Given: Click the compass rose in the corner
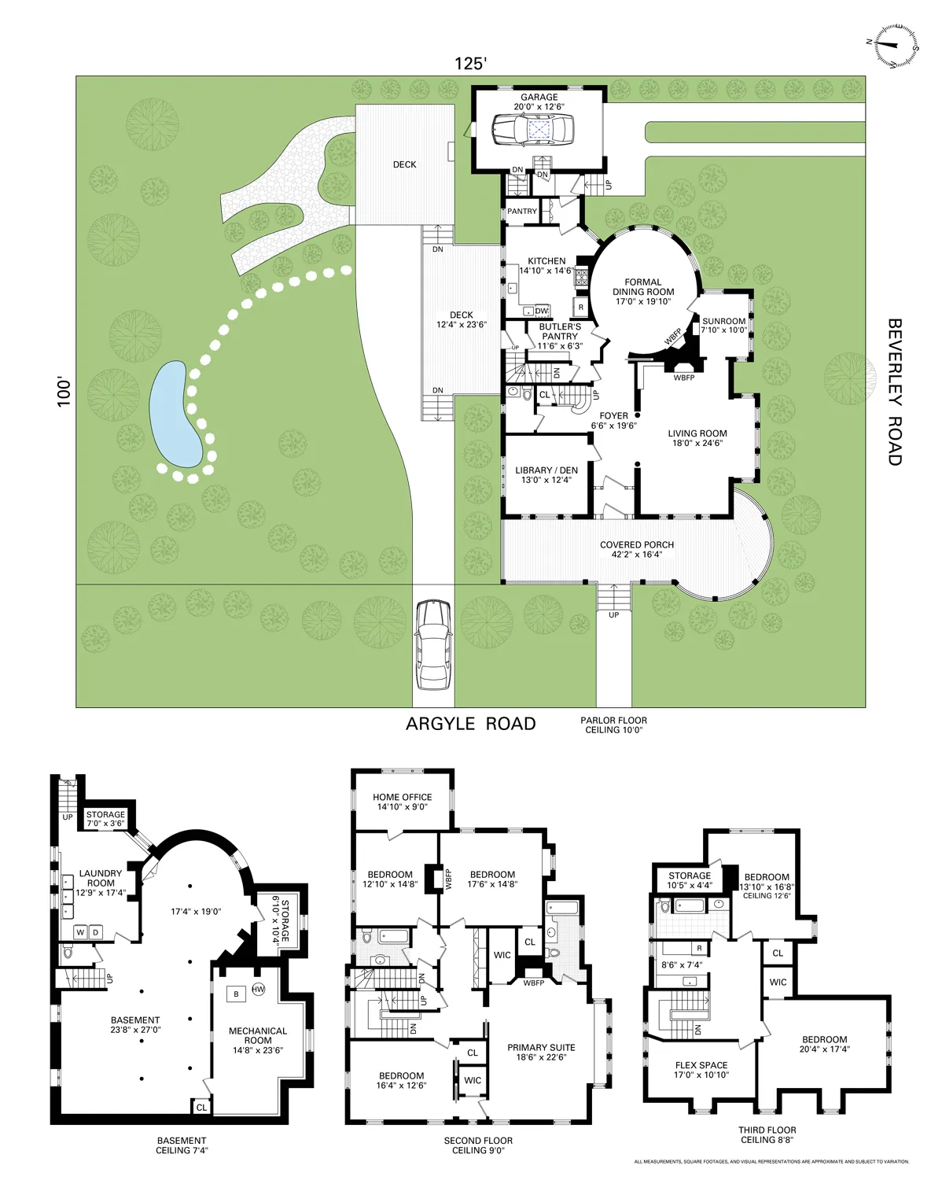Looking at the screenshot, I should pos(893,46).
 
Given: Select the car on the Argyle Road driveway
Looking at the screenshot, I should pos(433,644).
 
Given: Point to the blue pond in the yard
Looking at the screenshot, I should pos(175,415).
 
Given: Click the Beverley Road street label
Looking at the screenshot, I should pos(895,392).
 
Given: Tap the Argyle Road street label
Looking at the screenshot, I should pos(470,724).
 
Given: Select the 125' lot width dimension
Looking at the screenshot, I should pos(470,64).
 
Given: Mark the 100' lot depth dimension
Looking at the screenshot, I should pos(64,393).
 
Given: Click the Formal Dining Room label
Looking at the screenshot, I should pos(643,292).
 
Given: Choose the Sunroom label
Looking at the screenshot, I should pos(723,326).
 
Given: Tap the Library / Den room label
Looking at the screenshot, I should pos(546,475).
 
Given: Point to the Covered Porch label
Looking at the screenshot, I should pos(637,549).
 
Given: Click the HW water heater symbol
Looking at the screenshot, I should pos(259,990).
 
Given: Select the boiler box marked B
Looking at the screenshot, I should pos(236,994).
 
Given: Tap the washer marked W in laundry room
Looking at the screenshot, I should pos(79,932).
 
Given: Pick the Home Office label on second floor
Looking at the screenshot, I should pos(402,802).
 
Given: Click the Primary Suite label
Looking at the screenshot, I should pos(541,1052).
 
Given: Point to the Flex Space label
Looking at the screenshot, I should pos(701,1070).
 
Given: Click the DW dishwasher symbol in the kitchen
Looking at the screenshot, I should pos(542,311).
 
